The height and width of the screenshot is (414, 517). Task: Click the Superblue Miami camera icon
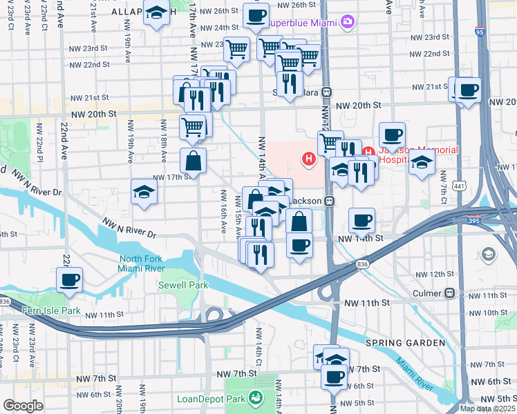click(346, 21)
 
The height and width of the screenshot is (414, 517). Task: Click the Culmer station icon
click(450, 293)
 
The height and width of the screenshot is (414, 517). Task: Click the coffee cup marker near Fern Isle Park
click(70, 280)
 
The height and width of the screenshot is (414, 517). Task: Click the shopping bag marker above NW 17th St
click(194, 161)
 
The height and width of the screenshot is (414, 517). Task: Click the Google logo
click(23, 405)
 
